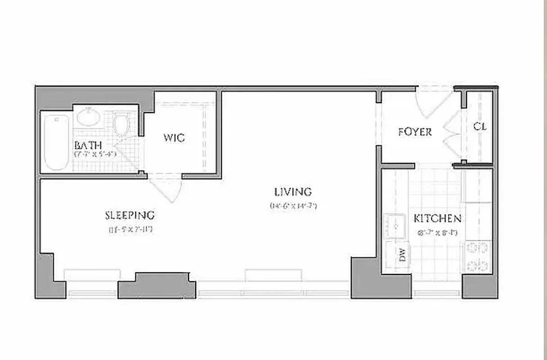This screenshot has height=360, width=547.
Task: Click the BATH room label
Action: click(x=88, y=145)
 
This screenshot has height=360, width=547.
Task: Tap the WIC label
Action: click(x=174, y=138)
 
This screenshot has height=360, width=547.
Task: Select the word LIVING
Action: click(x=293, y=192)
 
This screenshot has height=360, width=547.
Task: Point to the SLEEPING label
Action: click(x=130, y=215)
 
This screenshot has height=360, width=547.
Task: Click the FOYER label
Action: click(x=415, y=132)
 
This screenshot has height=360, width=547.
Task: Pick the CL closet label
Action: click(x=480, y=126)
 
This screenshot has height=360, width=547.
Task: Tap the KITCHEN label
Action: click(x=437, y=219)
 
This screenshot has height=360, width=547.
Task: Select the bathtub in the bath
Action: click(x=57, y=142)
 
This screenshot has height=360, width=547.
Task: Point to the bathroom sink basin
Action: click(x=88, y=117)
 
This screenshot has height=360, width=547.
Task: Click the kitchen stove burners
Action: click(x=478, y=256)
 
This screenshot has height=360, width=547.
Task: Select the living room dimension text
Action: click(x=294, y=206)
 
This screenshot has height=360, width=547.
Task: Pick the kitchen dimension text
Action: click(x=437, y=233)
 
